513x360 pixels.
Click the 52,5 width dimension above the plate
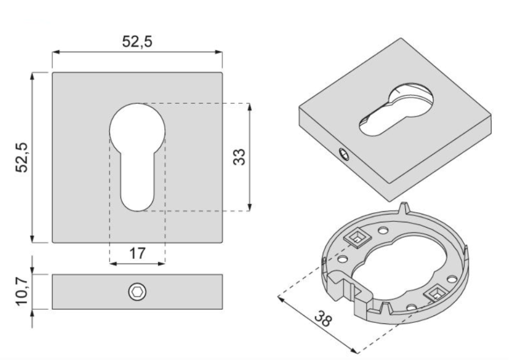(137, 41)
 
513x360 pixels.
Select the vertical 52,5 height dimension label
(22, 157)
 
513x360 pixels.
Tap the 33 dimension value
(239, 156)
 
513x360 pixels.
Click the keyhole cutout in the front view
(137, 154)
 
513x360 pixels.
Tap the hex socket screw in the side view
(137, 292)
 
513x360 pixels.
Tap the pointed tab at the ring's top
(405, 207)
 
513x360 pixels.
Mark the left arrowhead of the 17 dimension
(112, 263)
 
